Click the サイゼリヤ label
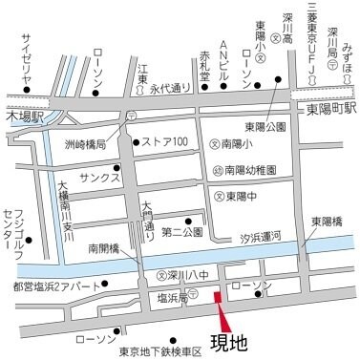[27, 59]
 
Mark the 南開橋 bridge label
[103, 247]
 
